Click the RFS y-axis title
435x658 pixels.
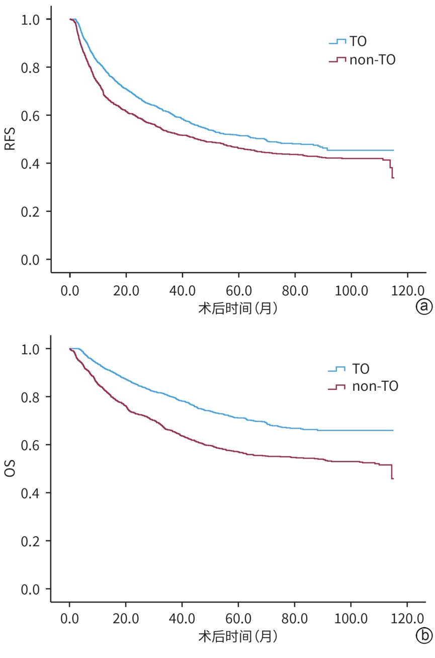click(10, 139)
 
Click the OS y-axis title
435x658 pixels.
click(10, 469)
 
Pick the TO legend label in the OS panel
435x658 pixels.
click(360, 369)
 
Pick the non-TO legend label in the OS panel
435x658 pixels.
click(375, 387)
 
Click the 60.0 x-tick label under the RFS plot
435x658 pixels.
click(238, 291)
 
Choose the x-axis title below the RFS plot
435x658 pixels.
click(238, 308)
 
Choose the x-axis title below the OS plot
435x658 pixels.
click(238, 637)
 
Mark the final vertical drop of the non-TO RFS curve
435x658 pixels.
click(392, 173)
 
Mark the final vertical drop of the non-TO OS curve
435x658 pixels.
click(391, 472)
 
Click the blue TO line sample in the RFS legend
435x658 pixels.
click(337, 42)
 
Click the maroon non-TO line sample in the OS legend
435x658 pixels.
click(336, 387)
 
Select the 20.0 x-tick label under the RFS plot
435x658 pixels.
click(126, 291)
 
